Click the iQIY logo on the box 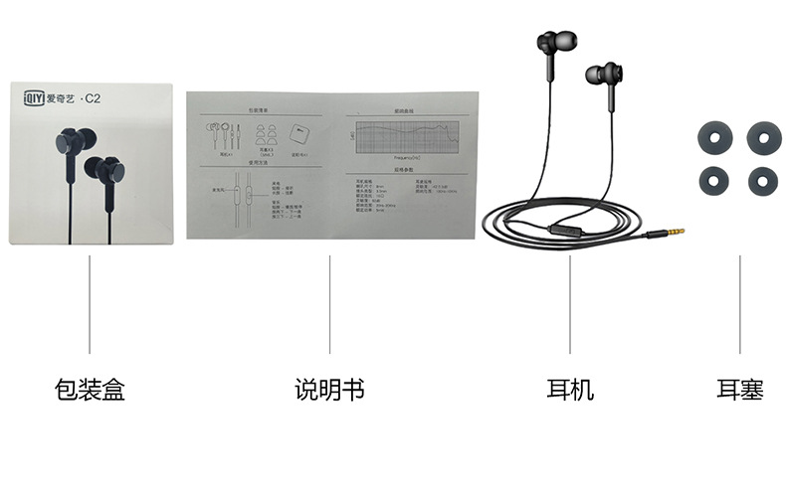pyautogui.click(x=36, y=97)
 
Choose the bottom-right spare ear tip pyautogui.click(x=763, y=180)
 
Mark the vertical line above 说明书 pyautogui.click(x=329, y=303)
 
